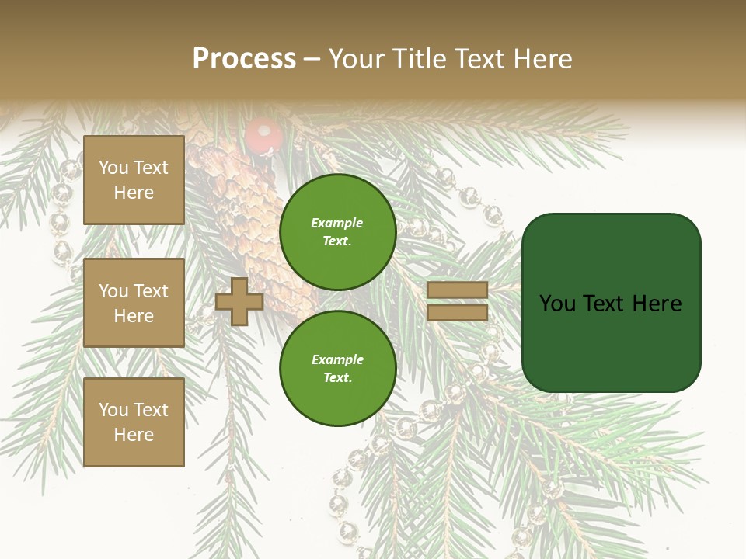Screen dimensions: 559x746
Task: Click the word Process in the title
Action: (x=244, y=59)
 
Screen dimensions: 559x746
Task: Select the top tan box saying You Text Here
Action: (x=134, y=180)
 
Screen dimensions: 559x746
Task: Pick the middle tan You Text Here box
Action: (x=134, y=303)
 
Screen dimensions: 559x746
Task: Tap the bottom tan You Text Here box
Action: (x=134, y=422)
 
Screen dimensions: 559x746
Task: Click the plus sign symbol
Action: (x=239, y=302)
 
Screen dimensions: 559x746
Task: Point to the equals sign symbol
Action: (x=457, y=301)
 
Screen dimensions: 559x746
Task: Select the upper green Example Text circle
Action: (x=337, y=231)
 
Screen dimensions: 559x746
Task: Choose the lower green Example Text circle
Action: (x=337, y=368)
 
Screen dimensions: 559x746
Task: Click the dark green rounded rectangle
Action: (x=611, y=303)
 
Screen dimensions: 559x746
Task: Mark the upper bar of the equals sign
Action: (x=457, y=290)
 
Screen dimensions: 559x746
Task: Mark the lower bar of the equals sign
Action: (x=457, y=313)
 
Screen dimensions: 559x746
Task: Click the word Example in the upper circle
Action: (x=337, y=223)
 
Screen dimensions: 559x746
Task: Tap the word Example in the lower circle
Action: (x=337, y=359)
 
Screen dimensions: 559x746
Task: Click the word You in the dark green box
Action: (x=557, y=304)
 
